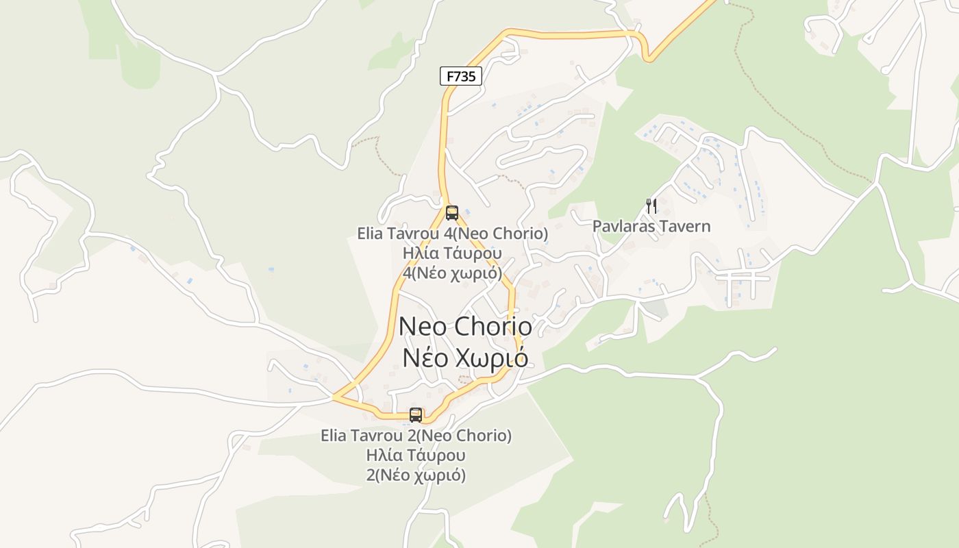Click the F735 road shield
(x=461, y=76)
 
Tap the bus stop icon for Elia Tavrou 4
(x=452, y=212)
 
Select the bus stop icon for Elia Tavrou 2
(x=416, y=414)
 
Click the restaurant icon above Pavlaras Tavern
(x=651, y=206)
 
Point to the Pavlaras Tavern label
(x=651, y=226)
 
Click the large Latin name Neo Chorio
(x=465, y=326)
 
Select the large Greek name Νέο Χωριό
(x=465, y=358)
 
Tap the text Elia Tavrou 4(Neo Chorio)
(x=453, y=234)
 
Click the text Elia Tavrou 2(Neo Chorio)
(x=416, y=436)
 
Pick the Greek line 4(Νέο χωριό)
(x=453, y=272)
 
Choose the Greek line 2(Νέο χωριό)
(x=416, y=475)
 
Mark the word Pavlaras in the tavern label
(x=621, y=226)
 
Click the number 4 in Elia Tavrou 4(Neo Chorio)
(x=451, y=234)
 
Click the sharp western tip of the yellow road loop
(x=334, y=396)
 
